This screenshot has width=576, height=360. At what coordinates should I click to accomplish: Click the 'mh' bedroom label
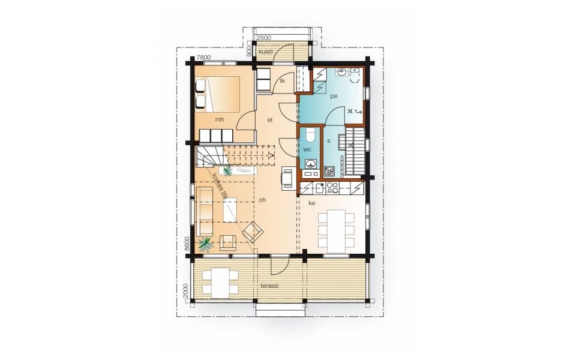220,119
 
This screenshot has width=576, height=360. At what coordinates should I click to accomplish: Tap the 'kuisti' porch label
266,52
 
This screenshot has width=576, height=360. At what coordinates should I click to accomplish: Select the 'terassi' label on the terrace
269,286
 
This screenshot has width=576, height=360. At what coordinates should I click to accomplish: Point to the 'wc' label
307,149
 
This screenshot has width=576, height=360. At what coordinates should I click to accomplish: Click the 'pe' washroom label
334,96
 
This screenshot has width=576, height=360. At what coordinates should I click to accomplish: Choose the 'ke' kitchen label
312,203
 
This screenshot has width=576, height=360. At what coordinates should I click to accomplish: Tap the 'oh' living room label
262,200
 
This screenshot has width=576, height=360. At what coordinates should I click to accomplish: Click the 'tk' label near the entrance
283,81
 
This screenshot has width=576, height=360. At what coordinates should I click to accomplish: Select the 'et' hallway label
270,120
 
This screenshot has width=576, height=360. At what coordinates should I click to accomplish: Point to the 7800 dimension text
203,58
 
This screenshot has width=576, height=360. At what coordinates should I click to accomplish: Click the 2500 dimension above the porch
264,38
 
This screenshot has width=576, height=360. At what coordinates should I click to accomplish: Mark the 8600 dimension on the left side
187,244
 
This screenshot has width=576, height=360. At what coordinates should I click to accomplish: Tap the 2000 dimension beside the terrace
185,290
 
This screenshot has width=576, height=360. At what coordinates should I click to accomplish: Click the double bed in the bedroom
217,94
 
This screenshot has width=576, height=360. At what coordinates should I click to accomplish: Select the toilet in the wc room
310,134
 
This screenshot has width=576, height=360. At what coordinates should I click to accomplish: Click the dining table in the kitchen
336,231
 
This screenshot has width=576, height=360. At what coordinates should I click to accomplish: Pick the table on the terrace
220,283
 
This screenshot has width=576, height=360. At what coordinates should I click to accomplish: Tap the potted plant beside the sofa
206,244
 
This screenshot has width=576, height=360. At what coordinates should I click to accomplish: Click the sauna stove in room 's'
329,171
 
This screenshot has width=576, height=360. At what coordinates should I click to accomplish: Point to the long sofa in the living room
205,211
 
